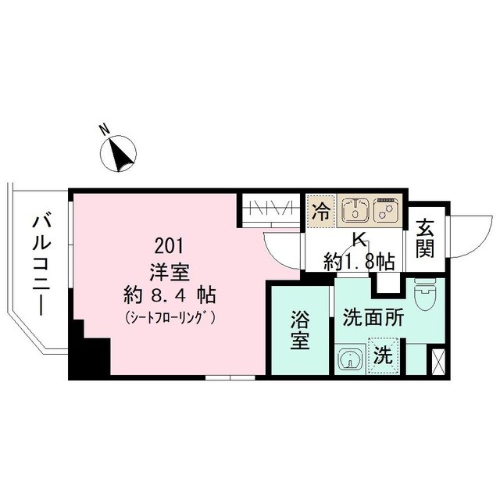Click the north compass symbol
click(x=120, y=153)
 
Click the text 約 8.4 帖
click(x=170, y=297)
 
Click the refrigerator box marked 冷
click(x=320, y=210)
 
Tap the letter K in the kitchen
click(x=360, y=240)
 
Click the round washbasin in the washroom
click(x=349, y=359)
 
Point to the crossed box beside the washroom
click(x=437, y=362)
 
